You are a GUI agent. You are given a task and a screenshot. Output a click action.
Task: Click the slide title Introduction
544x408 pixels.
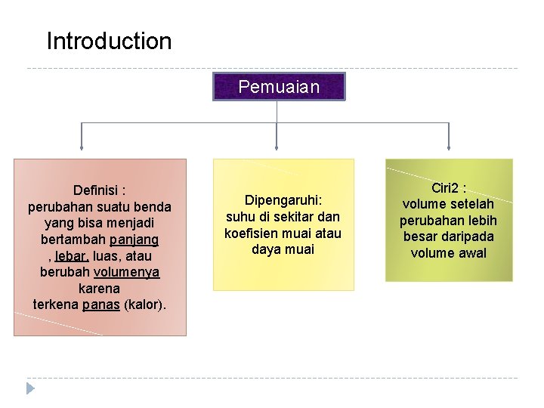click(109, 41)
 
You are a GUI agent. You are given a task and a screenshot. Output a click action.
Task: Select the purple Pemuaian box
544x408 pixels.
click(279, 87)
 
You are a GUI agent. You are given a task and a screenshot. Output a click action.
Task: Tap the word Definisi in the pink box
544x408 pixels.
click(96, 190)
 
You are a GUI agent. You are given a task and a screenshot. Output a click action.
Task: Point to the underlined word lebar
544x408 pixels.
click(73, 256)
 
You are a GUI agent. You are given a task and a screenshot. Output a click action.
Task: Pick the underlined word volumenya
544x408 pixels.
click(127, 272)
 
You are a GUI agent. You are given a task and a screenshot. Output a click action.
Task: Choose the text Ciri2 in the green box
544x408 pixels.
click(447, 187)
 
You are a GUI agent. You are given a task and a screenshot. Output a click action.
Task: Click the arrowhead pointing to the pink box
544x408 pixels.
click(82, 147)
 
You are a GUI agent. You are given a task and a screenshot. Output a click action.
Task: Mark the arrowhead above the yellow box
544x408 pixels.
click(277, 147)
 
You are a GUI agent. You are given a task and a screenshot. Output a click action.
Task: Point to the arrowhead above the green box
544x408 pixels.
click(449, 147)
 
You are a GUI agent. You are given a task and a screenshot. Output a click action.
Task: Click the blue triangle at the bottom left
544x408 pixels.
click(30, 388)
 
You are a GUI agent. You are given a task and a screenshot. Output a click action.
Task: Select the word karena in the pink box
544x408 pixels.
click(99, 289)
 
